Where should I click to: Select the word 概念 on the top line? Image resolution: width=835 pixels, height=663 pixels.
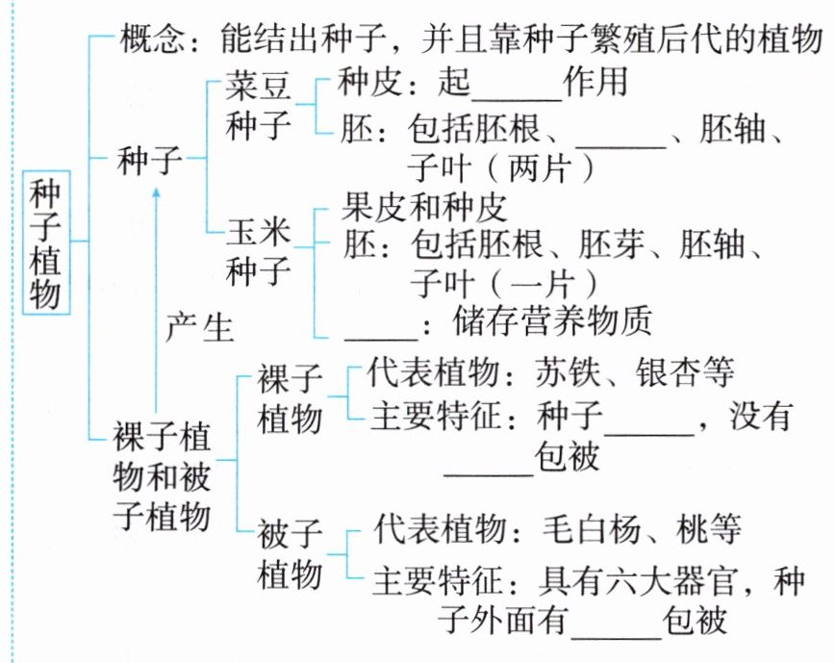pyautogui.click(x=146, y=41)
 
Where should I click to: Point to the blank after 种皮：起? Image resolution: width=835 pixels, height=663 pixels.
pyautogui.click(x=518, y=87)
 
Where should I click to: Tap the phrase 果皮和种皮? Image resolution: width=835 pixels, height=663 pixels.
pyautogui.click(x=423, y=206)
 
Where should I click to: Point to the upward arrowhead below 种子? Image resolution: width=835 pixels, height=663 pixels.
pyautogui.click(x=158, y=192)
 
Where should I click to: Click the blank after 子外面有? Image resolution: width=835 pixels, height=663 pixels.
pyautogui.click(x=615, y=620)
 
